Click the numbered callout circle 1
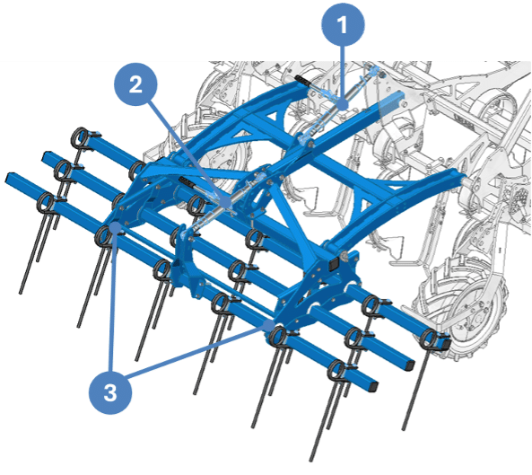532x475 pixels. click(343, 24)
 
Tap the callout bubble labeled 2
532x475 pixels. click(135, 84)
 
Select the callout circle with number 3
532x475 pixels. click(110, 392)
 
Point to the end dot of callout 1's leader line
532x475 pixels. click(343, 103)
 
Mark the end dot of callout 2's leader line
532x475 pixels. click(225, 202)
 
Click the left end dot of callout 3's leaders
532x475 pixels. click(115, 227)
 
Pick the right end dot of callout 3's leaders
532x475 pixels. click(269, 325)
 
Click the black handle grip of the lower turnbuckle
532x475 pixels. click(188, 181)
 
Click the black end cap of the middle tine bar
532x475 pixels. click(411, 365)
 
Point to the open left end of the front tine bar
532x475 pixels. click(9, 177)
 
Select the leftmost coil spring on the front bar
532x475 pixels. click(46, 203)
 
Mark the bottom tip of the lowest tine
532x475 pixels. click(311, 460)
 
